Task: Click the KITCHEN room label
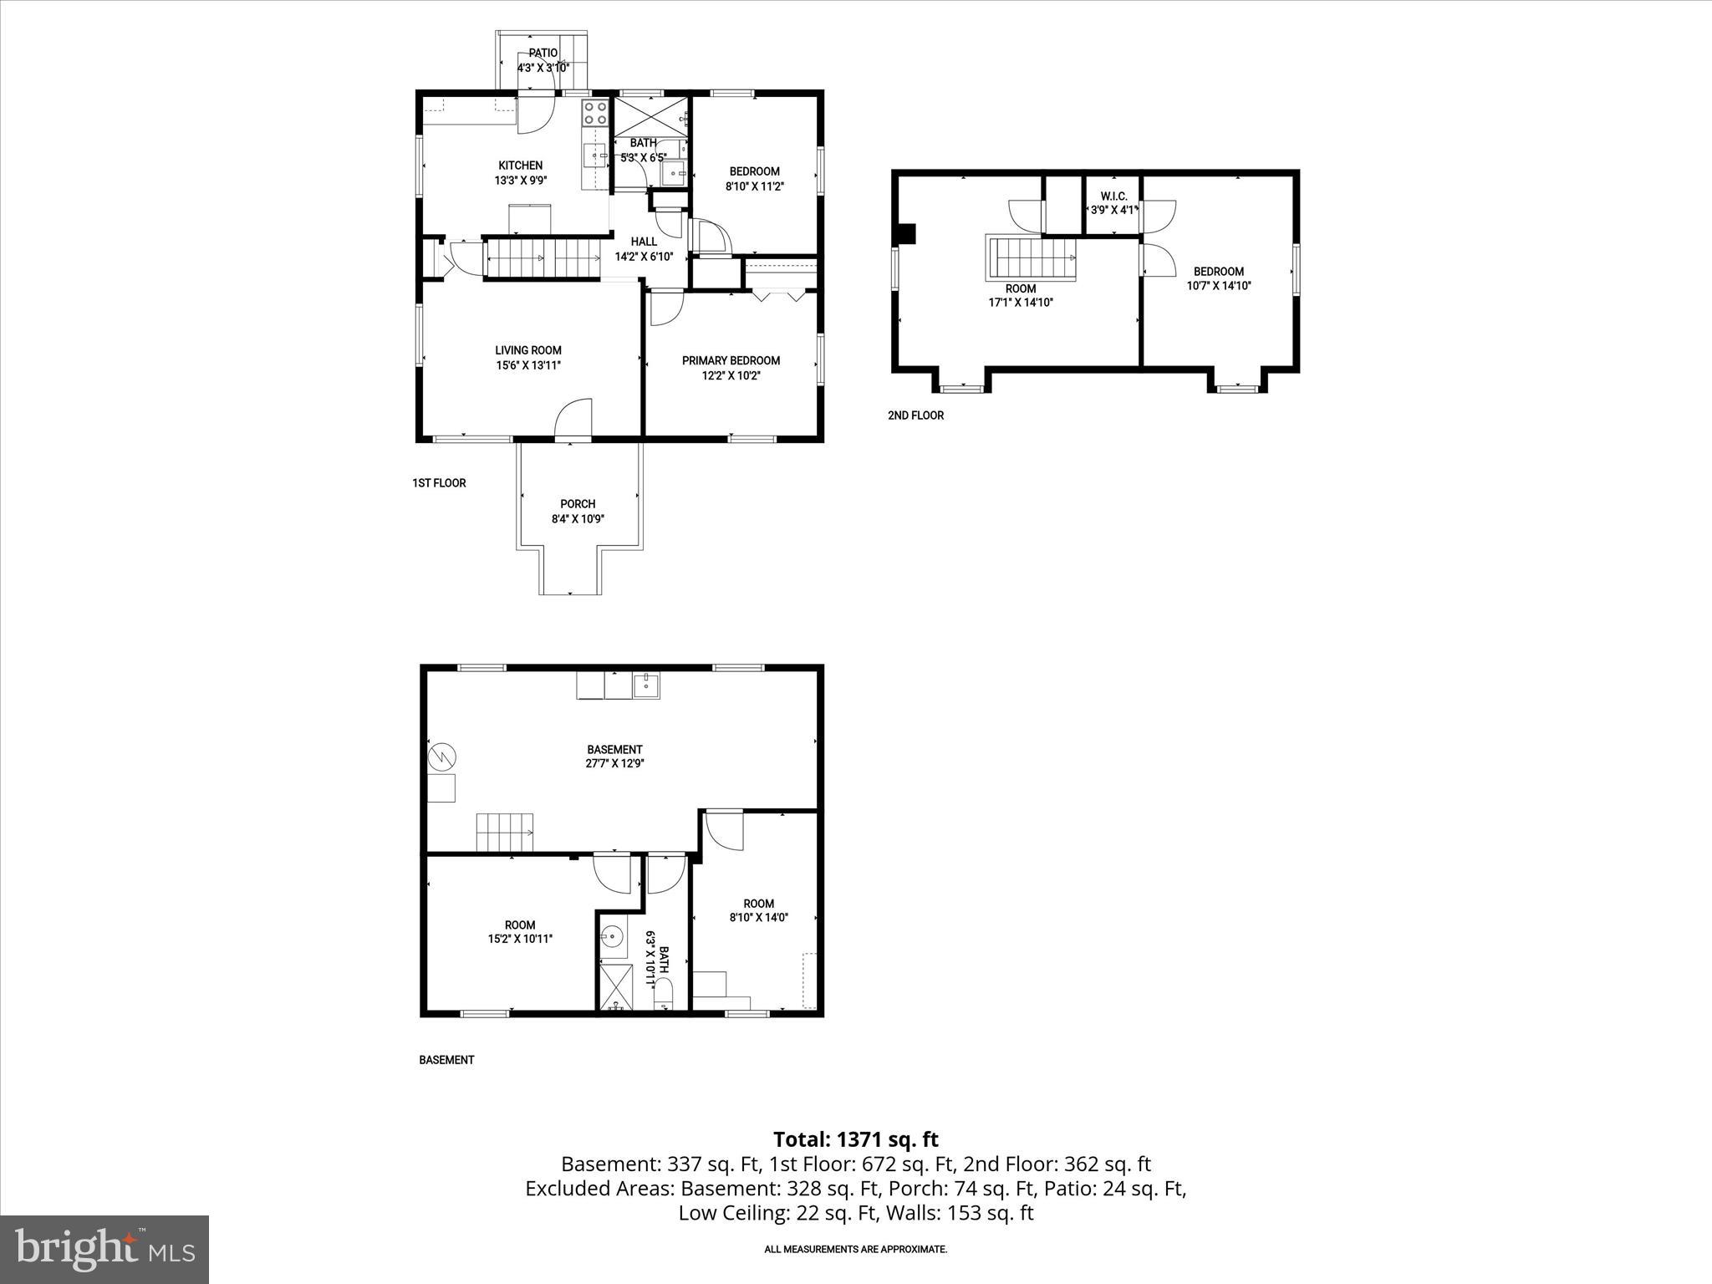(520, 166)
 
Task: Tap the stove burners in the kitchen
(595, 113)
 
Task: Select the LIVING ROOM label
(527, 350)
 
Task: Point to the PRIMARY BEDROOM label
(731, 360)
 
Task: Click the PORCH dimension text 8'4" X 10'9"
(578, 518)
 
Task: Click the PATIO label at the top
(543, 53)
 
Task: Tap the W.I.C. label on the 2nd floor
(1113, 196)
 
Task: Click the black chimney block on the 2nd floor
(905, 233)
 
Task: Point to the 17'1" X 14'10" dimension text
(1020, 303)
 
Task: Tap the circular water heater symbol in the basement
(442, 758)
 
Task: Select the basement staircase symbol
(505, 832)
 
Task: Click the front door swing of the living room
(574, 419)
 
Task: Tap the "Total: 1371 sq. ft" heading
(855, 1139)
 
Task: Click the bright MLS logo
(104, 1249)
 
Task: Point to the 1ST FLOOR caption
(439, 483)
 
